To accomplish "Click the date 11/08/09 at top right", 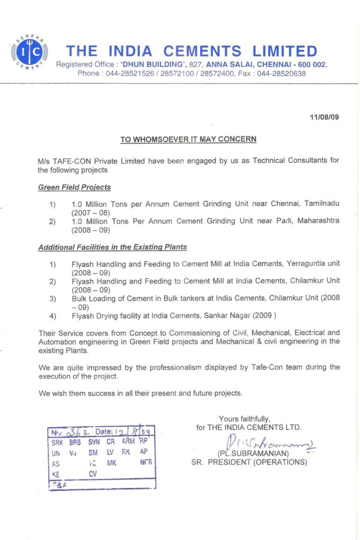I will [325, 117].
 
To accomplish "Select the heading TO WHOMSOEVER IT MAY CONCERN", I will [188, 140].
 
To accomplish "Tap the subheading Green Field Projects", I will [74, 187].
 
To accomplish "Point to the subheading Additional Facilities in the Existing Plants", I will [112, 247].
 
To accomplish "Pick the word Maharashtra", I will [316, 220].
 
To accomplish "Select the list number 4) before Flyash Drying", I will [53, 316].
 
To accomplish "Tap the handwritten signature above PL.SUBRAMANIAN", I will [269, 443].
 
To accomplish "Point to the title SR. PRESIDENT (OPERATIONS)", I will [249, 462].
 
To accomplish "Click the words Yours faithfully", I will [245, 419].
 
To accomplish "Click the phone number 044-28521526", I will [128, 73].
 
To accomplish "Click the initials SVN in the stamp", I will [94, 442].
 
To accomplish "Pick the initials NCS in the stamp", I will [146, 462].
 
